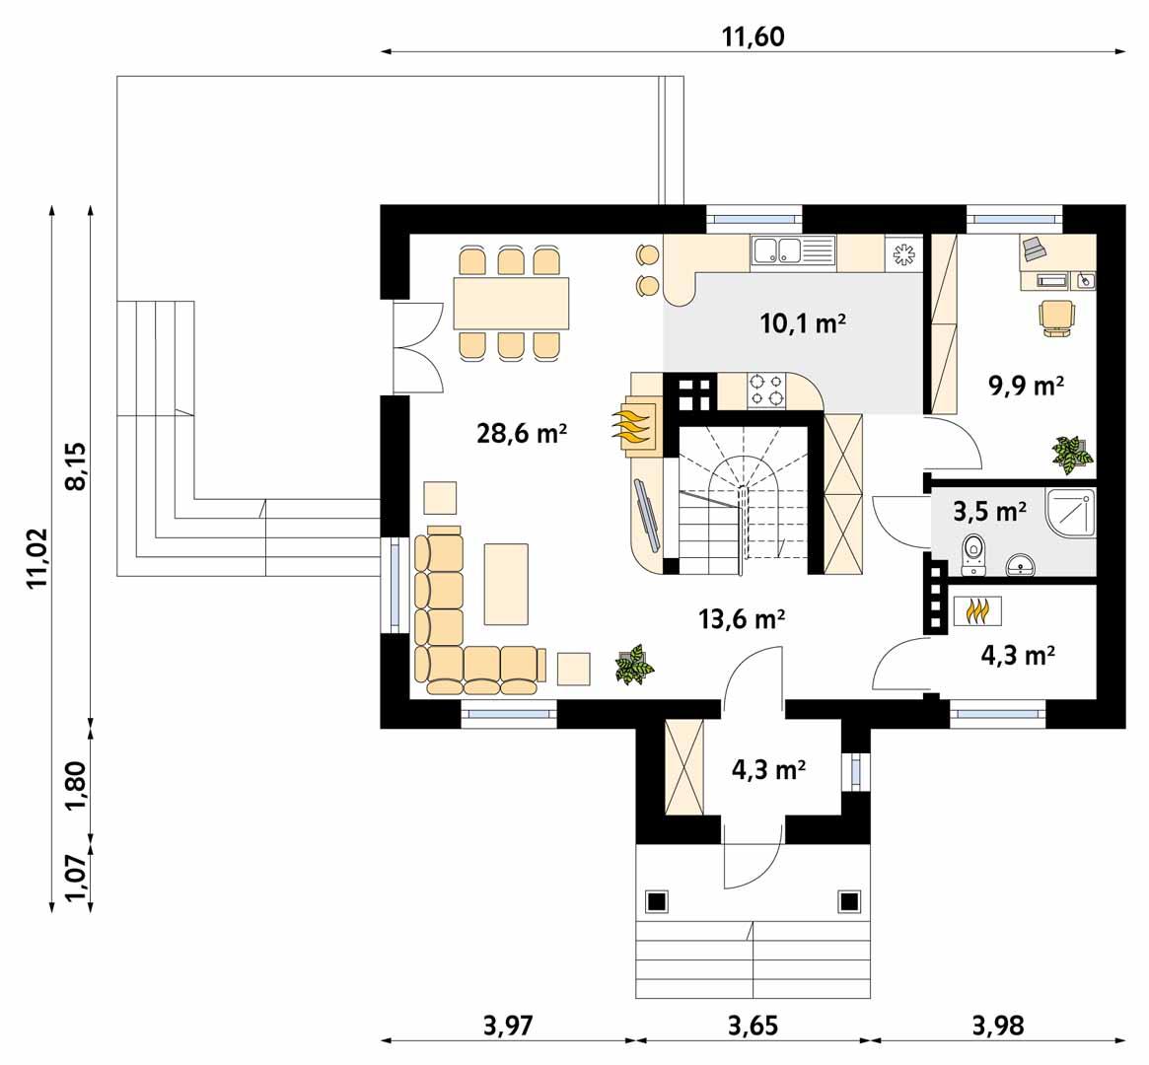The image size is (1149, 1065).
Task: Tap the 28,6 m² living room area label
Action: coord(521,433)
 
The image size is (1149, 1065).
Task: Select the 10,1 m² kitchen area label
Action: coord(804,323)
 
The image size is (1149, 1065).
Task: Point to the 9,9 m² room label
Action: coord(1026,386)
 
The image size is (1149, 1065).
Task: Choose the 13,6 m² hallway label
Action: coord(742,619)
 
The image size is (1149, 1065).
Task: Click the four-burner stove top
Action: coord(768,390)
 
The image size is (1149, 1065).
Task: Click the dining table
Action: coord(511,303)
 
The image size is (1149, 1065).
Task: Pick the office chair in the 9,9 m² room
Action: coord(1056,318)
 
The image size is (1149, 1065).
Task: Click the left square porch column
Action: coord(657,900)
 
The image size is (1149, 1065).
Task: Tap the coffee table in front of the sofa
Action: coord(507,583)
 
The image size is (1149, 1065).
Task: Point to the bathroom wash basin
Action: coord(1021,565)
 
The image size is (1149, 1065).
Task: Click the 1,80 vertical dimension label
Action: coord(77,784)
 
